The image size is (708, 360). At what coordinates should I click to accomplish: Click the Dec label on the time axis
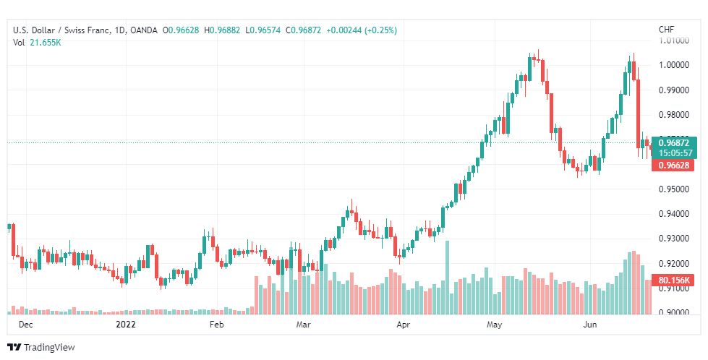coord(25,325)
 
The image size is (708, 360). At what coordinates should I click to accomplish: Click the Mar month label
coord(304,325)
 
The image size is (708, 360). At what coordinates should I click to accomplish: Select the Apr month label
coord(403,325)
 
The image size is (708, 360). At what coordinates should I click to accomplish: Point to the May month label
coord(494,325)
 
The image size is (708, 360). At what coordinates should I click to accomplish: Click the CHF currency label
coord(666,30)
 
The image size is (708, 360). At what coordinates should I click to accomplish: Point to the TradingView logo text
coord(49,348)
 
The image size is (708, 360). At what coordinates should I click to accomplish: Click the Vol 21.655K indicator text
coord(37,42)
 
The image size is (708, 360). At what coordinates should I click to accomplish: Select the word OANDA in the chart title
coord(142,30)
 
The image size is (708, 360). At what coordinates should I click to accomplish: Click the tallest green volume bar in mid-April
coord(448,277)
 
